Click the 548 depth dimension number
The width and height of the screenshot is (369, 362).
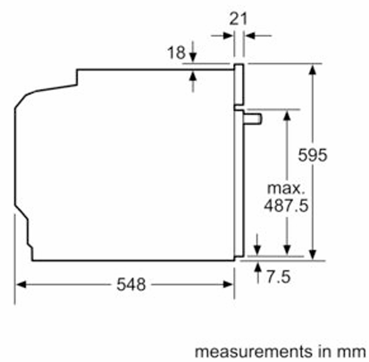click(131, 284)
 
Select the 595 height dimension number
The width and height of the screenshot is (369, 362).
click(313, 155)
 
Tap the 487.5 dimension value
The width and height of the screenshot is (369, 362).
click(286, 205)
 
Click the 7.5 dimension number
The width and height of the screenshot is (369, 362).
click(278, 276)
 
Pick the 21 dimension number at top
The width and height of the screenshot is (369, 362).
click(239, 19)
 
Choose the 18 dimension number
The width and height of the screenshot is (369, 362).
click(176, 53)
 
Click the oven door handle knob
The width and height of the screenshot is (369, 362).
click(253, 119)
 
